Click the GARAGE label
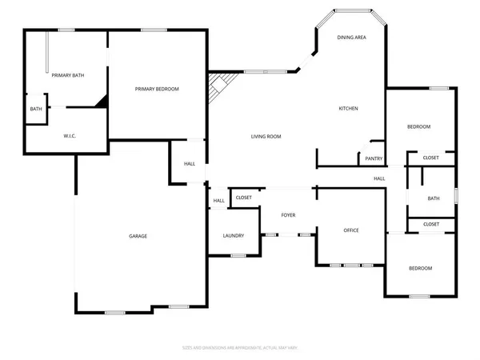(x=138, y=236)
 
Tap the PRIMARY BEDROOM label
(x=157, y=89)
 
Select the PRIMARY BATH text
(x=68, y=75)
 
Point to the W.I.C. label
(x=70, y=136)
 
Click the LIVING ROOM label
(x=263, y=137)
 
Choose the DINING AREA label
(x=351, y=38)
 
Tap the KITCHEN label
(x=347, y=109)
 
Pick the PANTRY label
(x=374, y=158)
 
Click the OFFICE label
(x=351, y=230)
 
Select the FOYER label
(x=288, y=215)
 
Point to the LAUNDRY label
(x=233, y=236)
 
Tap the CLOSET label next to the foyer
(x=244, y=197)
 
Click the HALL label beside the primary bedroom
(x=190, y=164)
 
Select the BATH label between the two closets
(x=433, y=198)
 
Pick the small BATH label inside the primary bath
(x=36, y=110)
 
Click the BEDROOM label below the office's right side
(x=420, y=268)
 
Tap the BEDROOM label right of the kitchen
(x=418, y=127)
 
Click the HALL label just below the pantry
(x=378, y=178)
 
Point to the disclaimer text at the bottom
(x=240, y=348)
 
